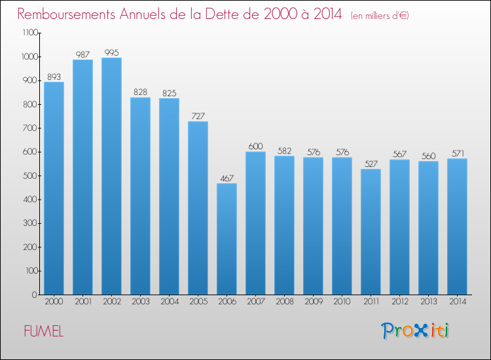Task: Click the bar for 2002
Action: click(x=111, y=176)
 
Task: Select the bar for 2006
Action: click(x=227, y=239)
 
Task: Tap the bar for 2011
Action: click(x=371, y=232)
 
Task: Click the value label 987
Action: click(x=82, y=54)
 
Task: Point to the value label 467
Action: click(x=227, y=177)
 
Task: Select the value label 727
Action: click(x=198, y=116)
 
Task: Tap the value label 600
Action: click(x=255, y=146)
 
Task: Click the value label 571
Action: click(x=457, y=153)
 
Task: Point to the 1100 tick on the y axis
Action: click(x=29, y=33)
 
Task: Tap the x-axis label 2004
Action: click(x=169, y=302)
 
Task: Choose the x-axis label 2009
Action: click(x=313, y=302)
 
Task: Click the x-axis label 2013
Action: click(x=428, y=302)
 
